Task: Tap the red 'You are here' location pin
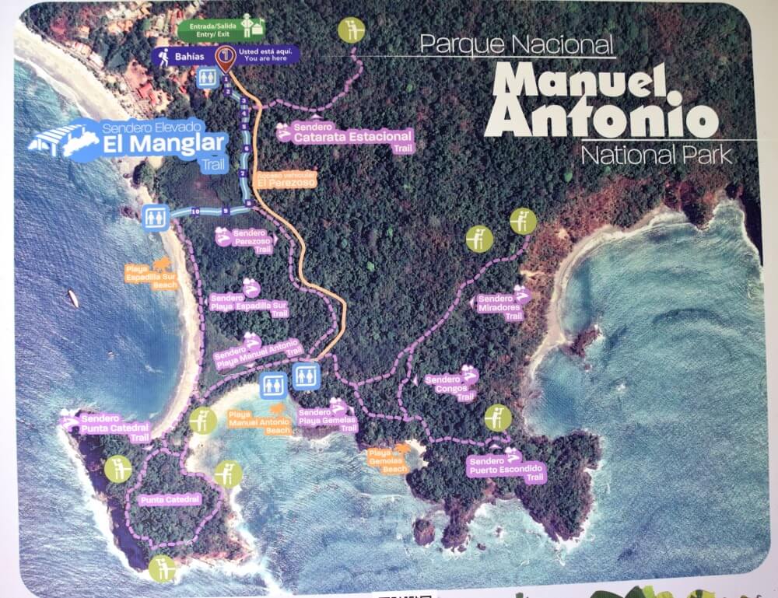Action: (x=226, y=58)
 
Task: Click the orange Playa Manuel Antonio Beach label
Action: (x=260, y=421)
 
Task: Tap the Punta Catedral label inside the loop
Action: (x=170, y=499)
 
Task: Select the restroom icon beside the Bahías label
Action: (x=207, y=77)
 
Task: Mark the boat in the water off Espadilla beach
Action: (x=72, y=298)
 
